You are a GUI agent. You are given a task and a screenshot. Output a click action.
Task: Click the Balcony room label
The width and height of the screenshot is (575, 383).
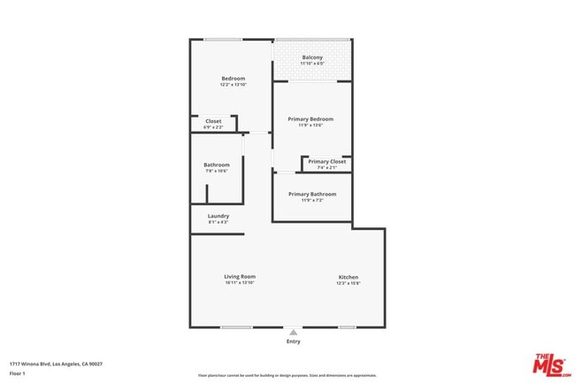coord(312,57)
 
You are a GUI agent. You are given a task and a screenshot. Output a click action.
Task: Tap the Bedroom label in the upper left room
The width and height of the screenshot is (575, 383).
coord(233,79)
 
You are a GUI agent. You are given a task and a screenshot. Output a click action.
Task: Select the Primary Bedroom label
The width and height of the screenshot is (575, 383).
coord(310,119)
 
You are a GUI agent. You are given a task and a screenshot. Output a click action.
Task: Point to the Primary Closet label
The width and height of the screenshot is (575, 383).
coord(327,161)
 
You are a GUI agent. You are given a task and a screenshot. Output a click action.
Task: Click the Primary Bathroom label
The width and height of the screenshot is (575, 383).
coord(312,194)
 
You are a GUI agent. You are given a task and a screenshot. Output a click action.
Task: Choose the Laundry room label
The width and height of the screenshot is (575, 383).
coord(218,216)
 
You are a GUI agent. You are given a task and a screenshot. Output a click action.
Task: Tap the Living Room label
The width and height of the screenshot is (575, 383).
coord(239,277)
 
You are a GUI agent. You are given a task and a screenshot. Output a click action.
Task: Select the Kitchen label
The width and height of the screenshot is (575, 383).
coord(348,277)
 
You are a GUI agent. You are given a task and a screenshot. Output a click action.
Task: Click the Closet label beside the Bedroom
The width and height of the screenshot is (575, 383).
coord(213,121)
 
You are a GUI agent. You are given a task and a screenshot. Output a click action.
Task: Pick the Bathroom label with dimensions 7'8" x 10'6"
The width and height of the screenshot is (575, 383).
coord(217,165)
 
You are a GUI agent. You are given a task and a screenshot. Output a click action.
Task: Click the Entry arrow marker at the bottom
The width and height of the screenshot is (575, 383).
coord(293,333)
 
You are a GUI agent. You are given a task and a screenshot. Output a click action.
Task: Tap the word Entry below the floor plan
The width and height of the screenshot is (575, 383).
coord(293,341)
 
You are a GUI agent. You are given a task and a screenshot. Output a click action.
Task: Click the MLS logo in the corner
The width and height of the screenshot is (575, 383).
coord(549,364)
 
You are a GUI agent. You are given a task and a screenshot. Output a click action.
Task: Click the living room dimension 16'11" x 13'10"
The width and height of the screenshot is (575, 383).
coord(239,283)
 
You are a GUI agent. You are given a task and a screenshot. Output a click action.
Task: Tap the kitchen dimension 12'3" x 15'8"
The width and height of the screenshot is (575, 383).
coord(348,283)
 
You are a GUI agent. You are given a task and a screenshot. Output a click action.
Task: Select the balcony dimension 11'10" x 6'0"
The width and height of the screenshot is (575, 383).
coord(312,64)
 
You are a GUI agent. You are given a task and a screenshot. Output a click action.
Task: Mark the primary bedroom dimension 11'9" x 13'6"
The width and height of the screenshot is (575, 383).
coord(310,125)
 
